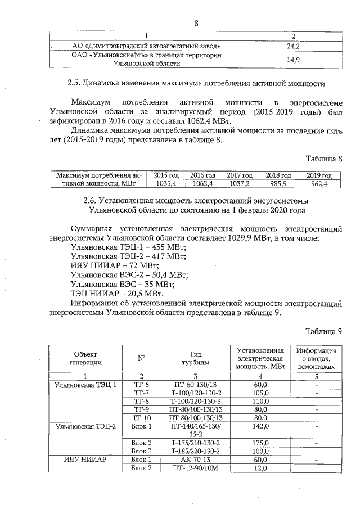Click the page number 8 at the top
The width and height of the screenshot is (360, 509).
click(x=196, y=23)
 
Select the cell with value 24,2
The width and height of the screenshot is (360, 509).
click(x=292, y=46)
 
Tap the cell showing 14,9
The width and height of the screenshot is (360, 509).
click(x=292, y=59)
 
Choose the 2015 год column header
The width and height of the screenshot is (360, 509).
click(x=166, y=175)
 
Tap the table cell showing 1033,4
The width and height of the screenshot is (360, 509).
click(x=166, y=183)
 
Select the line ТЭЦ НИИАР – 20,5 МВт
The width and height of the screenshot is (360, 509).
click(x=117, y=294)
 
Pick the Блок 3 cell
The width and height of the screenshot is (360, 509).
click(x=141, y=451)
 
